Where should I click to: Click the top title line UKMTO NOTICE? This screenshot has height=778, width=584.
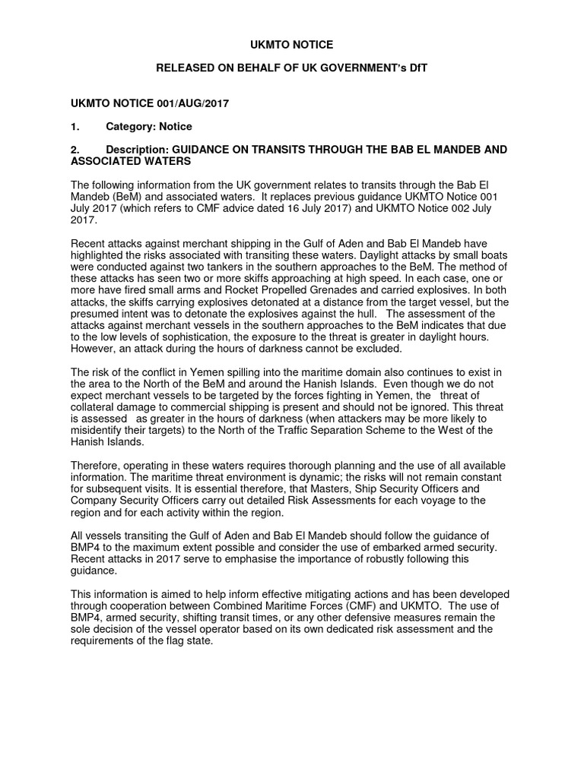click(x=292, y=46)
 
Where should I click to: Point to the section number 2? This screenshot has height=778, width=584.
click(x=75, y=150)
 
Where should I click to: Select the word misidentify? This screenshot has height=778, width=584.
click(x=100, y=430)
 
